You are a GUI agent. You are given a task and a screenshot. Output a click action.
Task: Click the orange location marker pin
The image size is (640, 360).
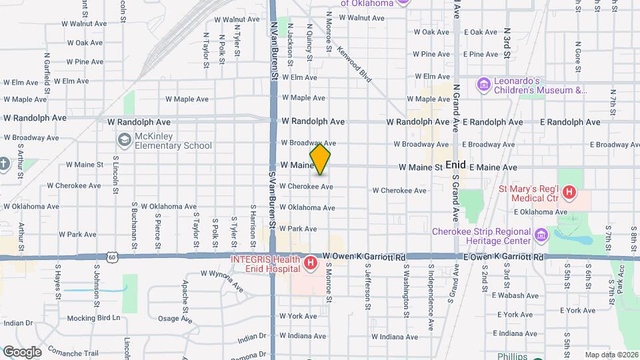320,160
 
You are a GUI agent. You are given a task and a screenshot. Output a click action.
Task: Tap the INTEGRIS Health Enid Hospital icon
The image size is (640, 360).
311,264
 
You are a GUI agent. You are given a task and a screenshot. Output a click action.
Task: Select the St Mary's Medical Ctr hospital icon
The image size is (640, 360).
569,193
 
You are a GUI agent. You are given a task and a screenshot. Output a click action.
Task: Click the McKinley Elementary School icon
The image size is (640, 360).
124,140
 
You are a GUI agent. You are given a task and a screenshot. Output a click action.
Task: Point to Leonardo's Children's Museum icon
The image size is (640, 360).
484,85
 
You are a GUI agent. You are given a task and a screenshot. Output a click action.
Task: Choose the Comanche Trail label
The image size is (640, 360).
74,353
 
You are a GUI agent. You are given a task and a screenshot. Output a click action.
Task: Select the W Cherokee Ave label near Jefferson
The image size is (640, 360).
399,191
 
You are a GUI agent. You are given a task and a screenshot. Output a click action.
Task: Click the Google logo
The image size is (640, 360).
22,351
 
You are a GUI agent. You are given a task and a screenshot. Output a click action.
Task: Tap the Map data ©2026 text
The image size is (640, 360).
611,355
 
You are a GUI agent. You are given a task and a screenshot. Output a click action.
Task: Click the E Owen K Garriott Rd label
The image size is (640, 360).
501,257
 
